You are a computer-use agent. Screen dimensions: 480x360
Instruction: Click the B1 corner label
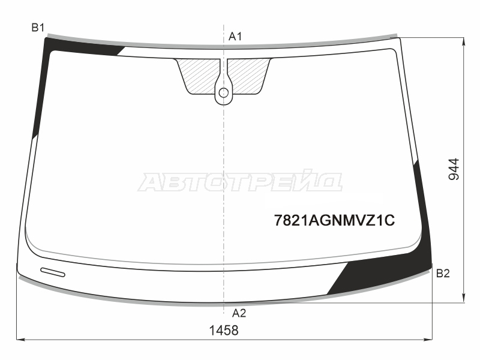pyautogui.click(x=38, y=28)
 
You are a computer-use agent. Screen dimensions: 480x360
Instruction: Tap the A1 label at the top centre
pyautogui.click(x=235, y=37)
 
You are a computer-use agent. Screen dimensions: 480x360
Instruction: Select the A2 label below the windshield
pyautogui.click(x=239, y=313)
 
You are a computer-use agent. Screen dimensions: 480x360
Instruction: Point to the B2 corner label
pyautogui.click(x=443, y=273)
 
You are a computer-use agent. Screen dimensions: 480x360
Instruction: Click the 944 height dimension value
pyautogui.click(x=454, y=169)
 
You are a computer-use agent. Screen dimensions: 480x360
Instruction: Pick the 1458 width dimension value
pyautogui.click(x=224, y=331)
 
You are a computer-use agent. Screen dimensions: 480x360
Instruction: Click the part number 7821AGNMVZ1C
pyautogui.click(x=334, y=220)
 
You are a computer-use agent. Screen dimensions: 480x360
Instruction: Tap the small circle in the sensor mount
pyautogui.click(x=224, y=92)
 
